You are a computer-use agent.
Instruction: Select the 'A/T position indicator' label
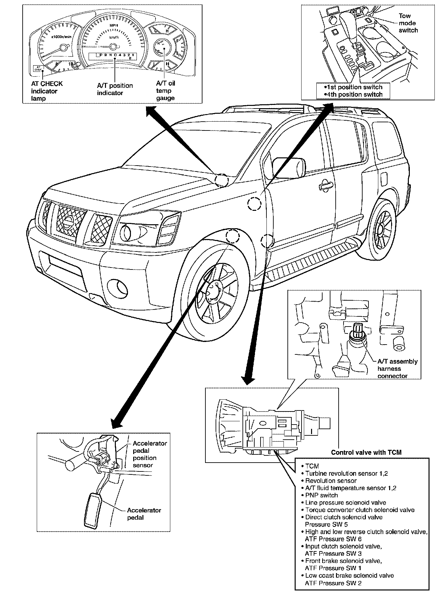115,89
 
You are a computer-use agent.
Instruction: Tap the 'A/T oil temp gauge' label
165,91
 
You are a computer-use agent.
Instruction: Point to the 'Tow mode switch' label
408,23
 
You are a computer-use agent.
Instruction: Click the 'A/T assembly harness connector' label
397,369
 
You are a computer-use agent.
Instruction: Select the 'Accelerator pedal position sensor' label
150,454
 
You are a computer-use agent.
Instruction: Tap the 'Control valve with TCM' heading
366,452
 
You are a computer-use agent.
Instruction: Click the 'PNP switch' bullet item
321,495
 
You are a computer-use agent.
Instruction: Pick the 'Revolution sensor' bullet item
330,481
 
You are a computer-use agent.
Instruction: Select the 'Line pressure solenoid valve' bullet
345,502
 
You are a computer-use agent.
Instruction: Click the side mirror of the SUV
289,167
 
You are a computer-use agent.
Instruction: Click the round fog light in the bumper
118,288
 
